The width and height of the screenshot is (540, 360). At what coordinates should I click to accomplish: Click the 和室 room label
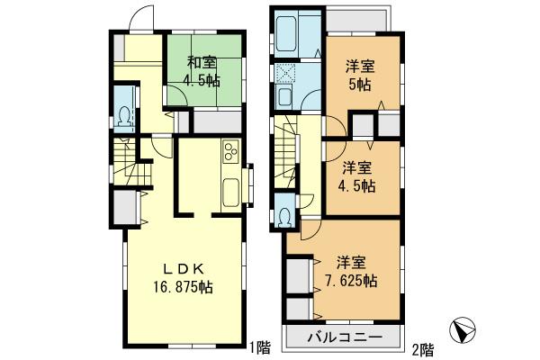click(x=202, y=63)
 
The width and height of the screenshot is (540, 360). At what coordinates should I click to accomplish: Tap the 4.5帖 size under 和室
click(x=202, y=81)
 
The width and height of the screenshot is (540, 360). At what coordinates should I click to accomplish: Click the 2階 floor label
click(x=422, y=347)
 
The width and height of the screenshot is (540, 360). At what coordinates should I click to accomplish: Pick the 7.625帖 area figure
click(x=351, y=281)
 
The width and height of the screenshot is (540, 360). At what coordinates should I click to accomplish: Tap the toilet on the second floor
click(x=285, y=217)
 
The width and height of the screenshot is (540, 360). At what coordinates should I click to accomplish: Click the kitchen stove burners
click(x=229, y=151)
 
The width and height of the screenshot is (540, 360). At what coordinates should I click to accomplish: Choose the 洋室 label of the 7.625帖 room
click(x=351, y=262)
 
